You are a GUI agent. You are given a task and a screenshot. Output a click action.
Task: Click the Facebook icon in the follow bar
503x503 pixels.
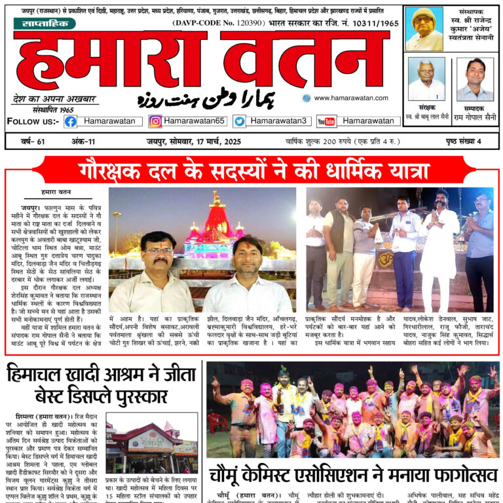coord(70,121)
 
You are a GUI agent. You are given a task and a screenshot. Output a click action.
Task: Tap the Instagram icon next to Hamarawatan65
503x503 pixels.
coord(155,121)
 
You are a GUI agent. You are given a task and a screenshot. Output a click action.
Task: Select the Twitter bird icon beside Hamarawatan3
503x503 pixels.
coord(239,121)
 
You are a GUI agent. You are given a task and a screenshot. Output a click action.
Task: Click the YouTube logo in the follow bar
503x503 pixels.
coord(326,121)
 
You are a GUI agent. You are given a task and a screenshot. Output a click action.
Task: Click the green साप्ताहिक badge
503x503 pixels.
coord(45,24)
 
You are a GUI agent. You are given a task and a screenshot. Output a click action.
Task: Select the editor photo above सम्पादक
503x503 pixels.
coord(475,79)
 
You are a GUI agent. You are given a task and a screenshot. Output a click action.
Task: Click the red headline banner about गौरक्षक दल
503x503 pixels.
coord(251,168)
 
